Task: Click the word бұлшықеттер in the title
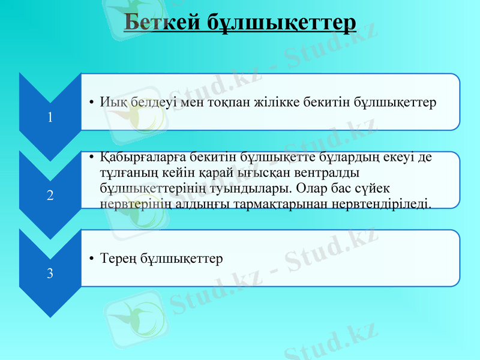point(281,22)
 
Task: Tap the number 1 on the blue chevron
point(50,118)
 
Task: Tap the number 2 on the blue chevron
point(50,195)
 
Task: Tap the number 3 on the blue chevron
point(50,274)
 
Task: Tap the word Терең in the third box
point(119,259)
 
